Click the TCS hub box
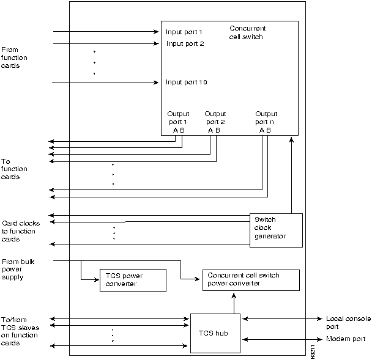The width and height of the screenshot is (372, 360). (215, 332)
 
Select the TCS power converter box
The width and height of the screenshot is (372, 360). (133, 279)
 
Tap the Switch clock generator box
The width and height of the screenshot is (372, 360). (277, 230)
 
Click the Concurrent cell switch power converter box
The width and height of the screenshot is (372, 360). (250, 279)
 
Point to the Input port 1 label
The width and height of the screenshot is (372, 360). (184, 32)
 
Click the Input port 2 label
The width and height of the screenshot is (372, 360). (185, 44)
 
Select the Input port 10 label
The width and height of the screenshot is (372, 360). (187, 82)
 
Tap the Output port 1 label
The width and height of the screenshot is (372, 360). (179, 117)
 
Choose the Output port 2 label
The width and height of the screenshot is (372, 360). (215, 117)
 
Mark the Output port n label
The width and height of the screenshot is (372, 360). (266, 117)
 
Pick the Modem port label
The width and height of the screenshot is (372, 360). (346, 339)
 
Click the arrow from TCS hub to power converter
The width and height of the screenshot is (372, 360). (232, 302)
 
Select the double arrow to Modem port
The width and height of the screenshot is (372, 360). (281, 339)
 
